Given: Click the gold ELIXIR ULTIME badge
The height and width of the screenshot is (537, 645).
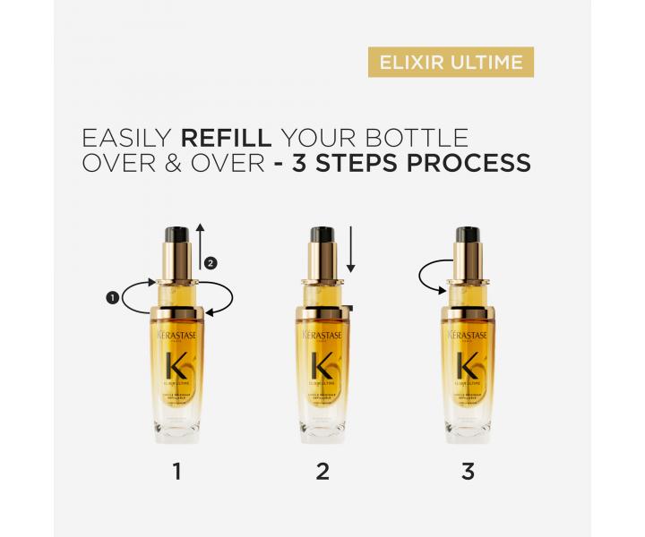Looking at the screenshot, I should tap(451, 63).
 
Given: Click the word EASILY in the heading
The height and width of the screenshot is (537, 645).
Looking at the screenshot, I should tap(127, 139).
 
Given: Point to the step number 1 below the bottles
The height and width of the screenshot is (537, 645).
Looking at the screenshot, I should tap(176, 470).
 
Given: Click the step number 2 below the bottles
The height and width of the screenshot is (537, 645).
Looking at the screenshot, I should tap(322, 470).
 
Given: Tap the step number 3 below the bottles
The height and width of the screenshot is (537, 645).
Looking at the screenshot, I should tap(468, 470).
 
